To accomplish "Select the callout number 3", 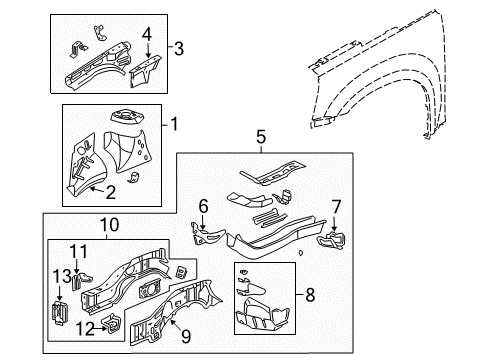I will click(x=178, y=47).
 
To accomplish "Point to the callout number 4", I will click(x=146, y=35).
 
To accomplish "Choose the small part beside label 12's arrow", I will click(x=115, y=323).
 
